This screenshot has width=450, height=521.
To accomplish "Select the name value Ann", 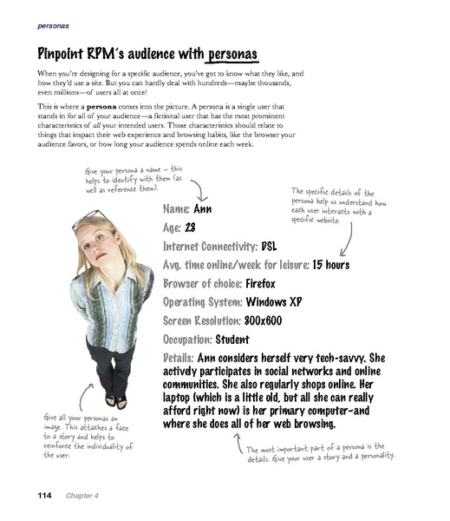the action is coord(202,209).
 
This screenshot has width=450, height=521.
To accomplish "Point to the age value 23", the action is coord(192,228).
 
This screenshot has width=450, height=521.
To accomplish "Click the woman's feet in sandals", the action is coord(115,401).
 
